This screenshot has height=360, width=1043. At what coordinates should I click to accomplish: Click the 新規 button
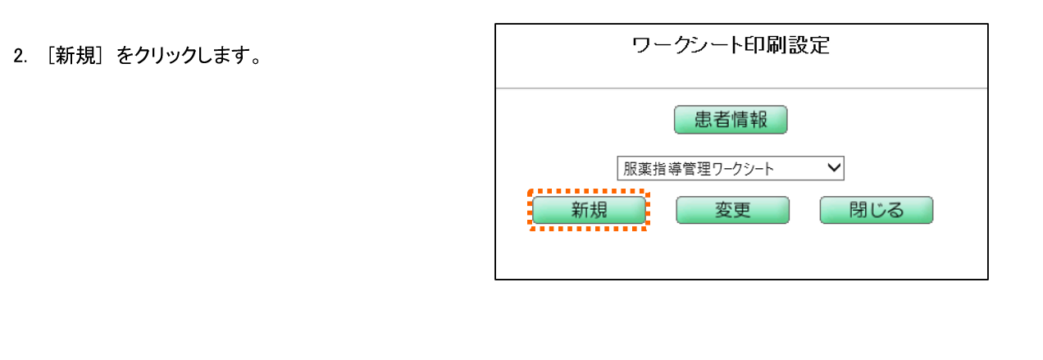pos(589,211)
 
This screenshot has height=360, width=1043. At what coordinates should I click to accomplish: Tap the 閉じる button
pos(877,211)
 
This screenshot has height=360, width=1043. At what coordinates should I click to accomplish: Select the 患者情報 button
pos(731,120)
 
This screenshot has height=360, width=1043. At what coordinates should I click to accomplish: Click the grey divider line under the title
pos(741,88)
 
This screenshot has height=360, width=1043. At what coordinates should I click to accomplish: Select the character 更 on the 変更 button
pos(741,211)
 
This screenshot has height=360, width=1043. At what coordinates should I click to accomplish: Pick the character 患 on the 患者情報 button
pos(704,120)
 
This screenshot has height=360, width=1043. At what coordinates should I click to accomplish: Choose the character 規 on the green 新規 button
pos(598,211)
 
